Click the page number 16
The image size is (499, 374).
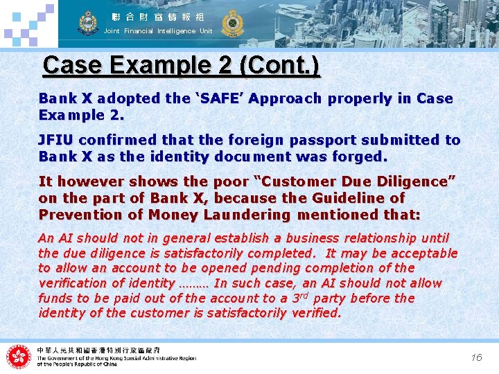pos(476,357)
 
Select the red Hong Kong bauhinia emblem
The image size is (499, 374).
pos(19,357)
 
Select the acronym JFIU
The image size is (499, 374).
pos(55,140)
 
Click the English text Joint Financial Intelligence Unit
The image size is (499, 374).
pos(158,31)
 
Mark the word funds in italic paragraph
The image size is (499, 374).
pos(55,299)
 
